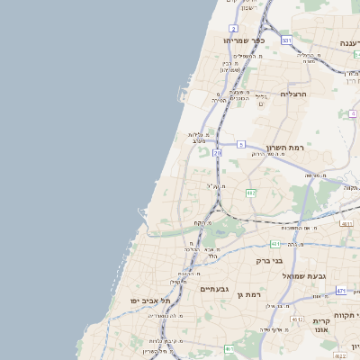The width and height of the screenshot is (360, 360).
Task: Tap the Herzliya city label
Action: click(293, 94)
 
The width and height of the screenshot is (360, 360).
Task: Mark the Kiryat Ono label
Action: click(321, 326)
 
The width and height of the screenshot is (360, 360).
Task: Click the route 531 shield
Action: click(286, 40)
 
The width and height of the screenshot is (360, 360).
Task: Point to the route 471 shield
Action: click(341, 290)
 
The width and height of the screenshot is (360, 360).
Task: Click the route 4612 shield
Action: click(297, 319)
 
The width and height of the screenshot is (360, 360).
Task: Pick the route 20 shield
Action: click(217, 153)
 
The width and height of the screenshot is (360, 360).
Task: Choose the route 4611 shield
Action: click(347, 223)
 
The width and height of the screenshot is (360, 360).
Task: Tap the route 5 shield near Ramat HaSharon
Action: click(241, 144)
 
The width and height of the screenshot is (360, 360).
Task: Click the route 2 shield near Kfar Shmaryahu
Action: click(234, 29)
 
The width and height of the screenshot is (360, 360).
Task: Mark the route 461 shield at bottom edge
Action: click(229, 349)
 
